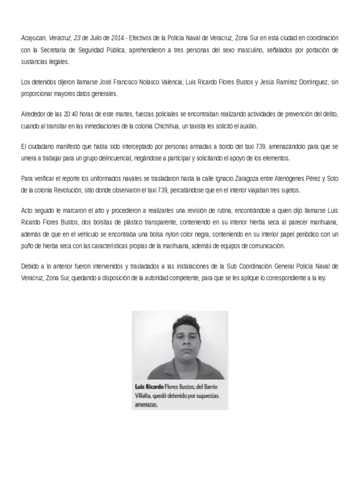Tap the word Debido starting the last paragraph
pyautogui.click(x=31, y=266)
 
